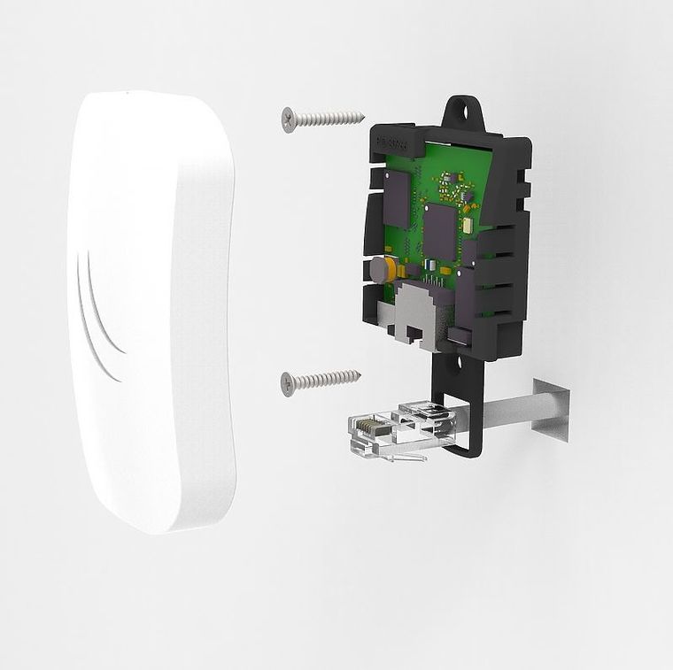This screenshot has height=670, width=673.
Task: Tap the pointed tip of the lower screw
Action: [360, 374]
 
